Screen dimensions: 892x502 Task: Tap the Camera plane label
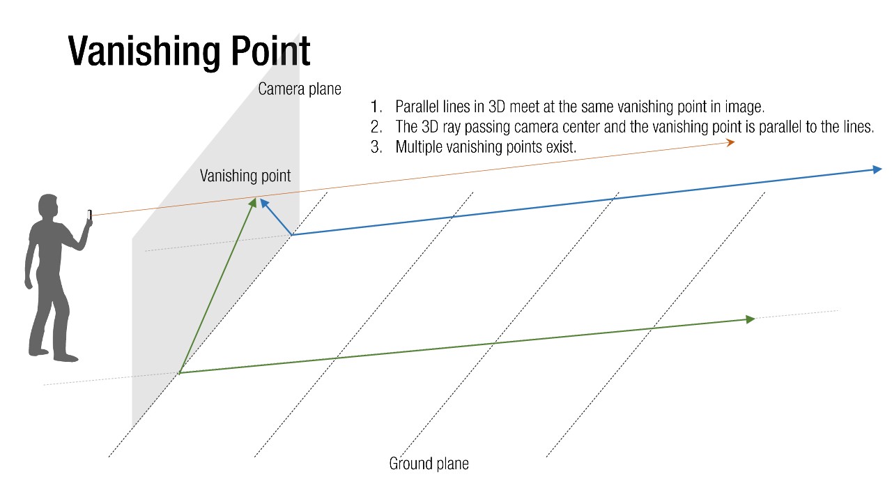299,89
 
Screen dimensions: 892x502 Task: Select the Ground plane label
429,464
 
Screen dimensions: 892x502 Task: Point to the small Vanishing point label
245,176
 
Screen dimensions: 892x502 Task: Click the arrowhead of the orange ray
730,142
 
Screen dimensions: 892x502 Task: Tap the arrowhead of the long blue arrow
877,169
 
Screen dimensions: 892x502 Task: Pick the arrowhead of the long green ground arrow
751,319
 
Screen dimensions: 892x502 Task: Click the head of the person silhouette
48,207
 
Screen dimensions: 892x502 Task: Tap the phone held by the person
90,215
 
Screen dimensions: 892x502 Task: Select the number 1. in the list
377,107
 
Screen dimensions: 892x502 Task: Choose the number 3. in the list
377,147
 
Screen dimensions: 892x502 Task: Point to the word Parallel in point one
417,107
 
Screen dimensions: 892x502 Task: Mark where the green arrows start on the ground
180,373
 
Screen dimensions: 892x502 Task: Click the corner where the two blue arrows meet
291,235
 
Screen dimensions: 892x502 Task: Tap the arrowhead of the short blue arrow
263,203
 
